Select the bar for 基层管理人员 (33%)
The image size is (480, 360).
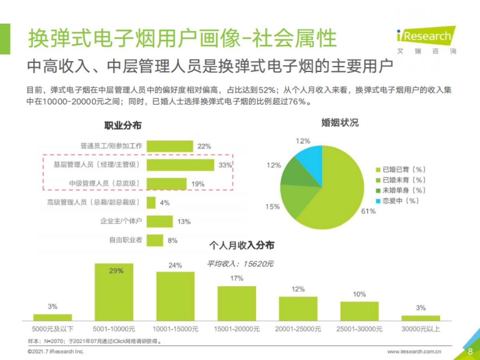point(180,165)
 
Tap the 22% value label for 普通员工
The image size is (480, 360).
point(204,146)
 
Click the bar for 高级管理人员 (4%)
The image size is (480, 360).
point(151,203)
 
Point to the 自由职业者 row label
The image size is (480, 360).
point(126,240)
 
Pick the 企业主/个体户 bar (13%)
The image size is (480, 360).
point(160,222)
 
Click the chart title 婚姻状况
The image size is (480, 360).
point(340,123)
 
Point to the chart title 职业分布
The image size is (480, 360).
point(123,126)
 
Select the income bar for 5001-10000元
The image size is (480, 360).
point(114,292)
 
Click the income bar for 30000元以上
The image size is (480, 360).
point(421,318)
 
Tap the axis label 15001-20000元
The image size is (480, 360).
point(236,329)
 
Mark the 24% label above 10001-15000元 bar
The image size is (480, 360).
point(175,265)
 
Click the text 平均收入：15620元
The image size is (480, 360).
point(240,264)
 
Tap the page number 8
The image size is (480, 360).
point(470,352)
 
